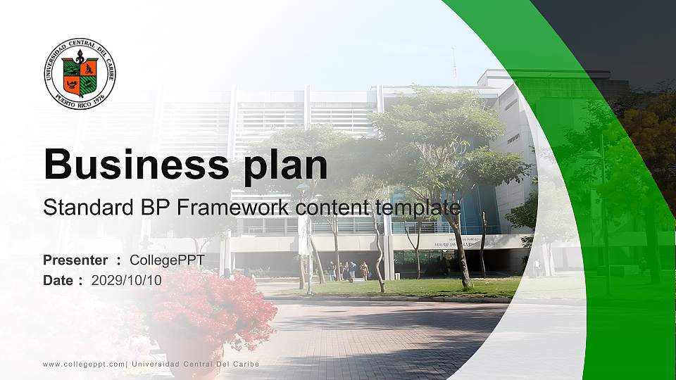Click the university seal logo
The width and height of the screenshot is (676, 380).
click(x=80, y=74)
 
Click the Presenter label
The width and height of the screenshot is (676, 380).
click(x=75, y=260)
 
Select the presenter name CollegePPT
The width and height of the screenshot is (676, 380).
click(x=167, y=260)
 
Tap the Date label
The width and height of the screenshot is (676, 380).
click(x=58, y=280)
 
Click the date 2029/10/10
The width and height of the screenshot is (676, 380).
click(x=126, y=280)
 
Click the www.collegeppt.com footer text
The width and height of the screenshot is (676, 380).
click(x=83, y=364)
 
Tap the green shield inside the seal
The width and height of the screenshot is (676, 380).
click(x=80, y=76)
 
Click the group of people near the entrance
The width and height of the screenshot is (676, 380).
click(x=346, y=271)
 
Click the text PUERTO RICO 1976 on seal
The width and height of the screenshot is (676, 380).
click(x=80, y=98)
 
